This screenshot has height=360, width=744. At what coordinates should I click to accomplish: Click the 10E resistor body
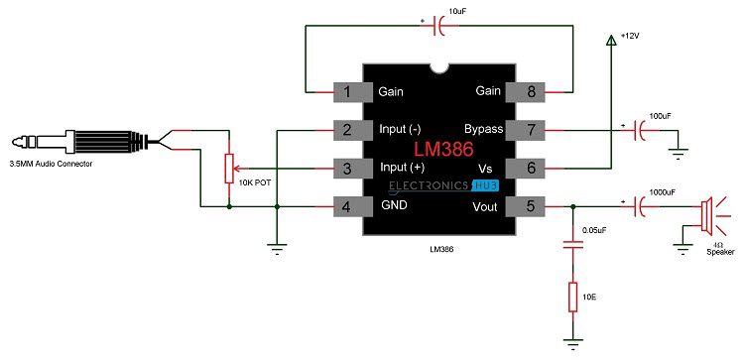click(572, 296)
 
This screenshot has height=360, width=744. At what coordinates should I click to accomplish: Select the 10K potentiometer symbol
click(230, 169)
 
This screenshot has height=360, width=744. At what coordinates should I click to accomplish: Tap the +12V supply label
click(632, 36)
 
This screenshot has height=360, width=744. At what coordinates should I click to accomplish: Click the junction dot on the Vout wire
click(572, 207)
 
